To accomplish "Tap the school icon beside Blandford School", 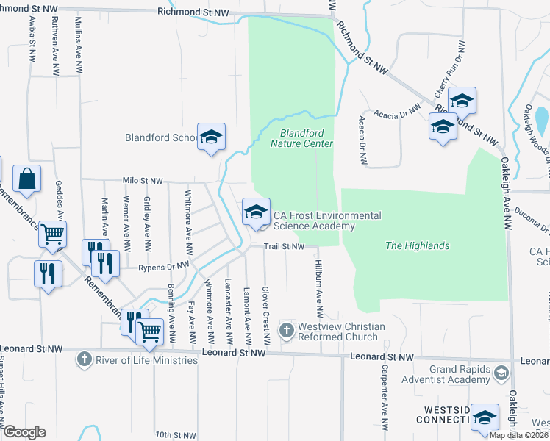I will (211, 137).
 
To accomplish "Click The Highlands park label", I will (417, 245).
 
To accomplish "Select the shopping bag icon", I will (26, 179).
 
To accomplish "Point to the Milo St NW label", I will (143, 180).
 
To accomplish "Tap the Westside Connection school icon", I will (484, 417).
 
